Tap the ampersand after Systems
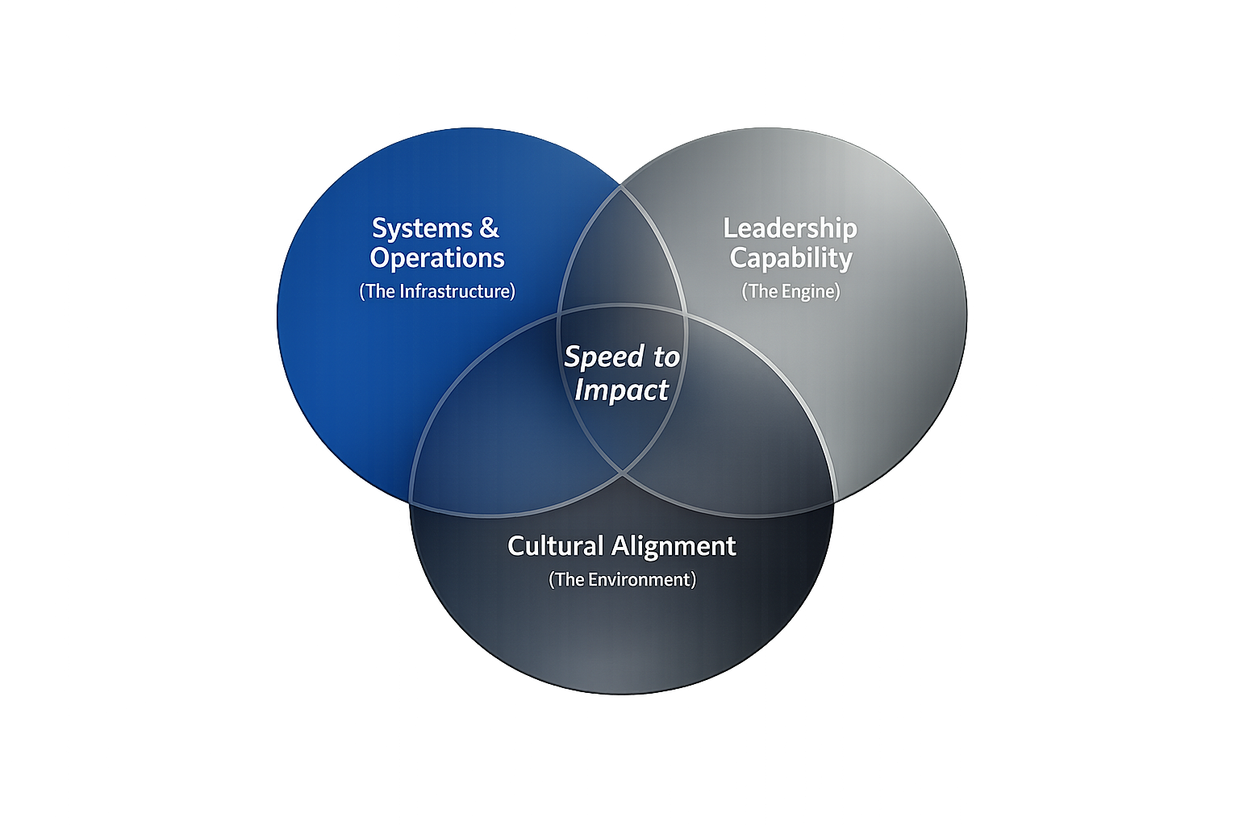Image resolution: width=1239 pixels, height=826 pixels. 489,228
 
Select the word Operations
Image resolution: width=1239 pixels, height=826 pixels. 437,258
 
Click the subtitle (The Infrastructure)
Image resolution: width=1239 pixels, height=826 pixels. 437,291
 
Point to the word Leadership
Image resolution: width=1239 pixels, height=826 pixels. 790,228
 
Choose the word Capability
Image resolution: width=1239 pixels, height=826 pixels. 791,258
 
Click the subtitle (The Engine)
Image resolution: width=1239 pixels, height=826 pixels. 791,291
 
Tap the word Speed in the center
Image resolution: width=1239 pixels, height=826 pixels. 604,357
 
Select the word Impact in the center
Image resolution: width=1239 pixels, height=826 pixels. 621,390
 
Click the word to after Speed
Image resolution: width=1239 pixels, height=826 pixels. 666,357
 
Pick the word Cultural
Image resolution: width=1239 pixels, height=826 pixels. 555,546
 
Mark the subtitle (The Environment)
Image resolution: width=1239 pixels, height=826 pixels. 622,580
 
